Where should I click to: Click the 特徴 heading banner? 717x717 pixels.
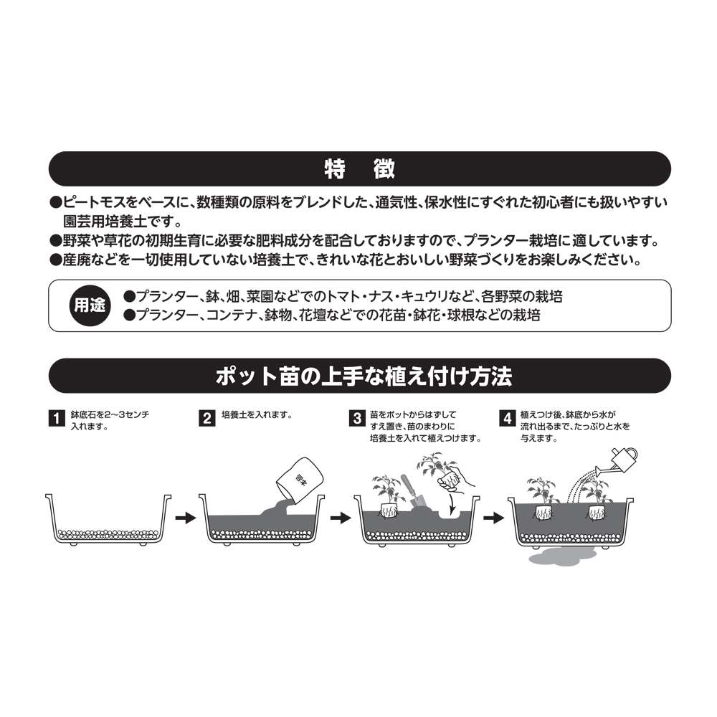[x=359, y=168]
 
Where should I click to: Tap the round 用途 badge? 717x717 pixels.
[x=90, y=305]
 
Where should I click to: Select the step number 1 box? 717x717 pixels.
[x=56, y=419]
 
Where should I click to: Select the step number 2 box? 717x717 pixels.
[x=206, y=419]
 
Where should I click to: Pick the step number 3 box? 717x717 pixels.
[x=357, y=419]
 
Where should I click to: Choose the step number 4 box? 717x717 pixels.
[x=507, y=419]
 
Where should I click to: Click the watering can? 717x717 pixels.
[x=618, y=461]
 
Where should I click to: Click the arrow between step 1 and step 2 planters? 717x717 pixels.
[x=185, y=518]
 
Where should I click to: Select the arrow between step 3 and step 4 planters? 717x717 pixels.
[x=494, y=518]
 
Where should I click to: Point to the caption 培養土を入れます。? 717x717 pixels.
[x=257, y=414]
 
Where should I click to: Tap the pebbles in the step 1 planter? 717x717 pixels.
[x=108, y=533]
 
